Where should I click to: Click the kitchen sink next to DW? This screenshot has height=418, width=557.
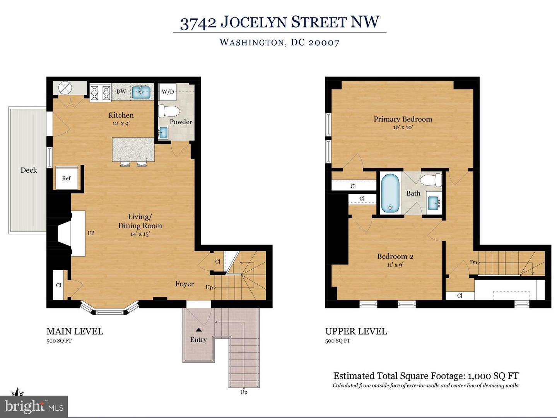coord(141,92)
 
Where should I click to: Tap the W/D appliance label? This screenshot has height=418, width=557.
coord(168,92)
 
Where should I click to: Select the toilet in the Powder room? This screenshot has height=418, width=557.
coord(169,111)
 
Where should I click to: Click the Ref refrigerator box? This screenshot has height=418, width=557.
coord(67,178)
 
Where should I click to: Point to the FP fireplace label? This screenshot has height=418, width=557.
coord(91,233)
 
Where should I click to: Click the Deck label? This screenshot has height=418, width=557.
coord(29,170)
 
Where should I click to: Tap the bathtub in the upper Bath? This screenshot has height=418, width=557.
coord(390,193)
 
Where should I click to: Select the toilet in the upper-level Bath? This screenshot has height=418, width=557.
coord(431,180)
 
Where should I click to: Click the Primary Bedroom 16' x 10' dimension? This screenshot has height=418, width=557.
coord(403,127)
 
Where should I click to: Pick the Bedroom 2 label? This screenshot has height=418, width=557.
coord(395,256)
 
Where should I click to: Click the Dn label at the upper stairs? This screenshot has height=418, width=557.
coord(473,262)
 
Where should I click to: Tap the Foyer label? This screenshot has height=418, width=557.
coord(185,284)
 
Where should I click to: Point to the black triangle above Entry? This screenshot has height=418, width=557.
coord(199,330)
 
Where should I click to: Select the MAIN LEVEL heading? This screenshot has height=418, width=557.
coord(75,331)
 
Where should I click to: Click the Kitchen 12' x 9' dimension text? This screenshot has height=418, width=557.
coord(121,123)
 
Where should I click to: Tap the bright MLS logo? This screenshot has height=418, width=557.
coord(34,407)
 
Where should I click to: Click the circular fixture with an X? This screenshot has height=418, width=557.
coord(65,88)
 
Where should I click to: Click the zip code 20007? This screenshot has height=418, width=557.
coord(323,43)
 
